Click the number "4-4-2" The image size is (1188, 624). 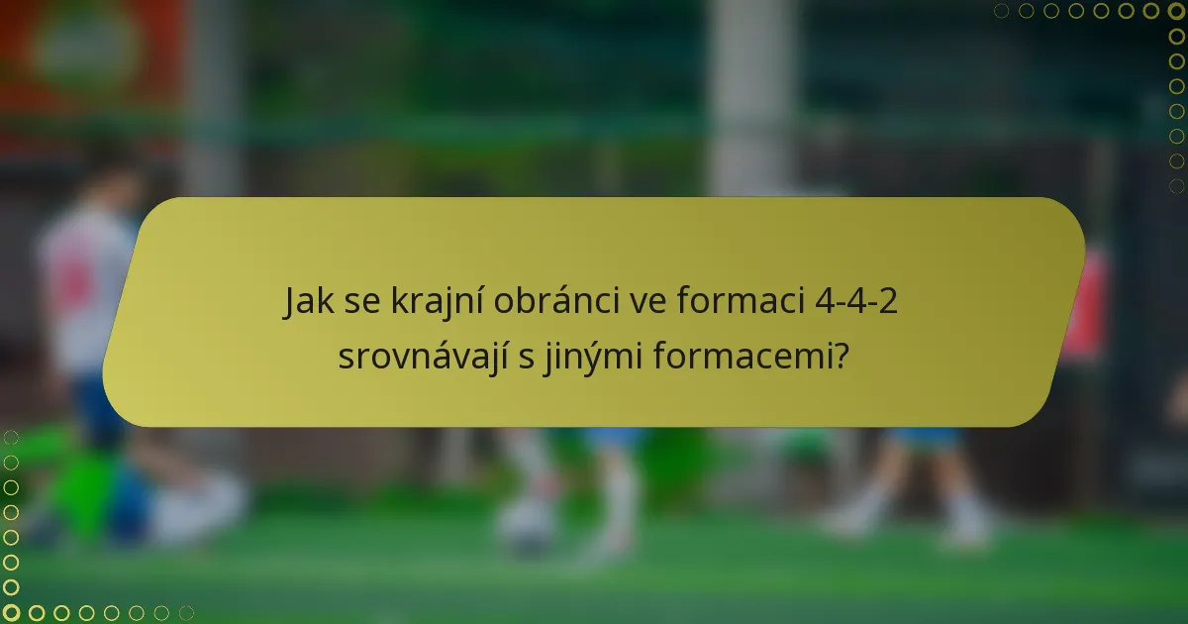coord(856,301)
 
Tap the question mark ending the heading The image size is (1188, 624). coord(841,355)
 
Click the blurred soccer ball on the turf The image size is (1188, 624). coord(526,525)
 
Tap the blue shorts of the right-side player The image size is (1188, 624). coord(926,437)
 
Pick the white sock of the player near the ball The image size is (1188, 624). coord(621,495)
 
